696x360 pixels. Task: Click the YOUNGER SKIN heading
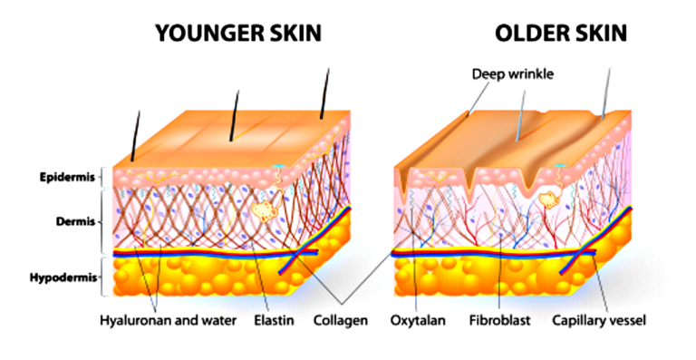point(237,34)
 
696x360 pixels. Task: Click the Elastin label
point(274,320)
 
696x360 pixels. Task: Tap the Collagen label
point(340,320)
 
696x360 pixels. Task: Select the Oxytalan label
point(417,320)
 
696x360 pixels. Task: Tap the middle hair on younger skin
point(235,112)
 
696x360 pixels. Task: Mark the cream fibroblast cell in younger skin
point(265,212)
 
